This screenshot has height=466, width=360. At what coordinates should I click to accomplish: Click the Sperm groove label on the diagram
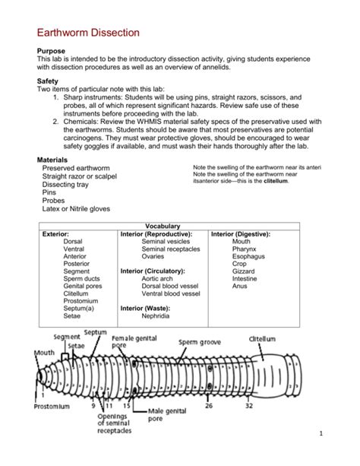pos(200,342)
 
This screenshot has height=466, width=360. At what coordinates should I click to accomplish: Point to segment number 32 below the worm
pos(248,406)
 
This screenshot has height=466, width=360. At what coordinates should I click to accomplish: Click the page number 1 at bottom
pos(343,455)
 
